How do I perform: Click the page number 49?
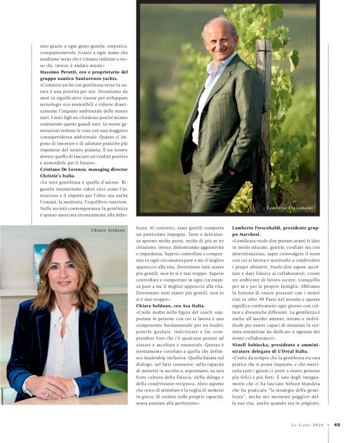(x=337, y=425)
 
